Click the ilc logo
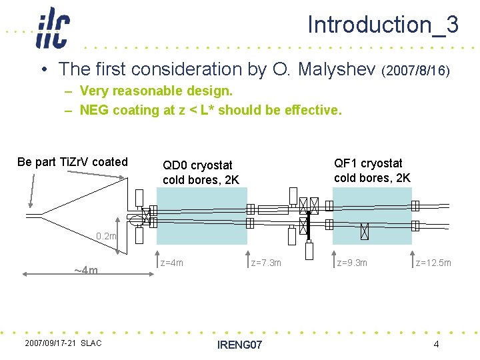click(x=52, y=27)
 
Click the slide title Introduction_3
click(x=383, y=25)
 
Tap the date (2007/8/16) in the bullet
click(x=417, y=70)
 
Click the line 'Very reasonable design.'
click(x=156, y=90)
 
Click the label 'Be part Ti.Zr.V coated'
click(x=73, y=162)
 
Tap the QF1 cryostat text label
click(x=372, y=170)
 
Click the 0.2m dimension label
click(x=106, y=236)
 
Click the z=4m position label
click(x=172, y=263)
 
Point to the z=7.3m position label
click(x=266, y=263)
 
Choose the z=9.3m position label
click(x=352, y=263)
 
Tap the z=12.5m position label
click(x=433, y=263)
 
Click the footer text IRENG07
click(x=240, y=345)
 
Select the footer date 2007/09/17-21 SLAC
click(x=63, y=343)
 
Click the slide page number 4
click(x=436, y=344)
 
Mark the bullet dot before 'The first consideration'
click(x=42, y=70)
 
